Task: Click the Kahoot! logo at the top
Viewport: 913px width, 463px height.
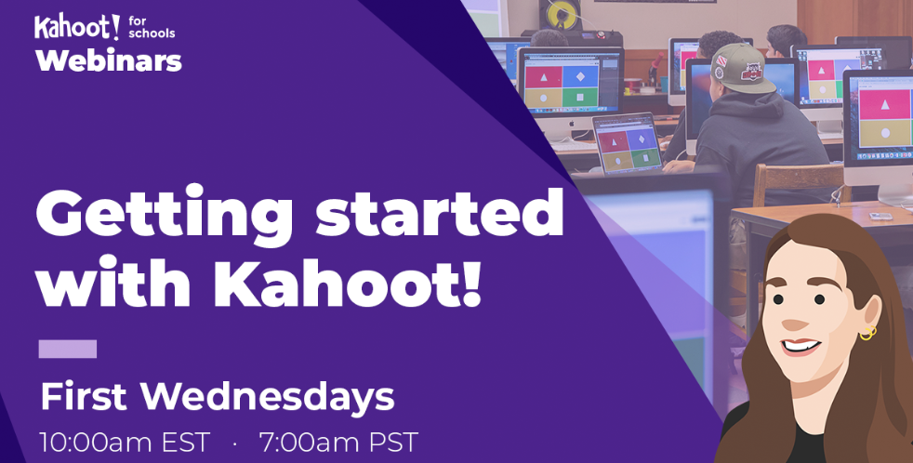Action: pyautogui.click(x=77, y=26)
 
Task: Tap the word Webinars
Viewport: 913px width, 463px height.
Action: pyautogui.click(x=108, y=62)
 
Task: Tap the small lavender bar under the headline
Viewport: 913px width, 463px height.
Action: pyautogui.click(x=68, y=350)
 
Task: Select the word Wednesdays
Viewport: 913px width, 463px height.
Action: pyautogui.click(x=268, y=398)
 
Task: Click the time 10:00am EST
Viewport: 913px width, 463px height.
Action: pyautogui.click(x=125, y=441)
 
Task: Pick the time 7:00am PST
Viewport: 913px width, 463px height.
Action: pyautogui.click(x=338, y=441)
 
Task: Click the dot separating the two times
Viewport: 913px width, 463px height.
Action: pyautogui.click(x=235, y=442)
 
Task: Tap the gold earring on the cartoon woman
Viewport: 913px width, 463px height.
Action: pyautogui.click(x=867, y=332)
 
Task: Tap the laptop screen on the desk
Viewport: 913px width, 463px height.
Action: pyautogui.click(x=627, y=146)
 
